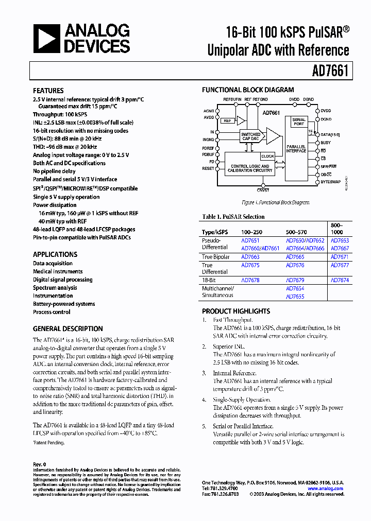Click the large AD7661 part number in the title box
(x=330, y=71)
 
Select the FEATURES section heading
(x=48, y=90)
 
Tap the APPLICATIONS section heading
(x=55, y=254)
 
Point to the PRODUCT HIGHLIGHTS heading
(x=236, y=311)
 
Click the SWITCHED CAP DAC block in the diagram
(x=250, y=137)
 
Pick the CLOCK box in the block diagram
(x=267, y=156)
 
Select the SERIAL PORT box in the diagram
(x=299, y=122)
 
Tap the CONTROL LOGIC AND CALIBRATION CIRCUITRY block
(x=250, y=168)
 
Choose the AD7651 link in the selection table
(x=250, y=240)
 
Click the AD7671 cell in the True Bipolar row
(x=340, y=257)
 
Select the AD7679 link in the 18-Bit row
(x=295, y=280)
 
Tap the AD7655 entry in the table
(x=295, y=297)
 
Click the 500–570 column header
(x=297, y=232)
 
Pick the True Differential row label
(x=214, y=268)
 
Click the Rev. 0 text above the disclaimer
(x=40, y=464)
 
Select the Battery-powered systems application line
(x=64, y=304)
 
